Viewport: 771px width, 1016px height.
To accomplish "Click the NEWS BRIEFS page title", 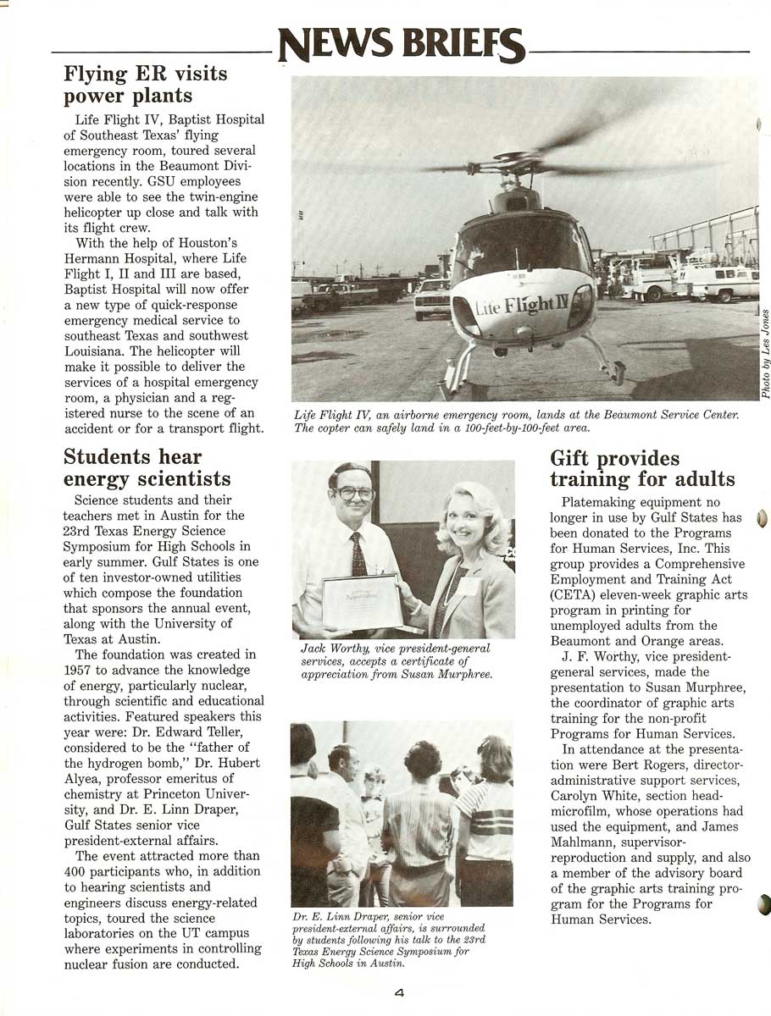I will coord(402,45).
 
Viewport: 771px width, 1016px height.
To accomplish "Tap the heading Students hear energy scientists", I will coord(147,468).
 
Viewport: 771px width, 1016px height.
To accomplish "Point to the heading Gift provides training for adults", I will coord(642,469).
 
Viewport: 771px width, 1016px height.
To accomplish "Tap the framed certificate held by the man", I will coord(362,601).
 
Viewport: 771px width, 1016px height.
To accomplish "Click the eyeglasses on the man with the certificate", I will coord(353,493).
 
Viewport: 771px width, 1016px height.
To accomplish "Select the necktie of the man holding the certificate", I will coord(359,555).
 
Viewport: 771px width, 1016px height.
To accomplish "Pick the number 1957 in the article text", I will coord(80,670).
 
